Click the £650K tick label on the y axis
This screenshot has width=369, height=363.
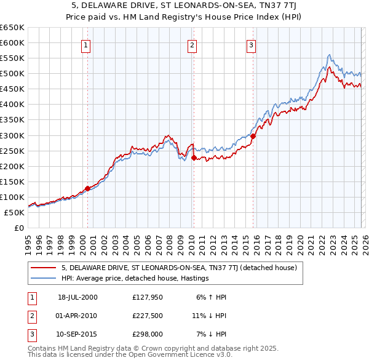(x=12, y=28)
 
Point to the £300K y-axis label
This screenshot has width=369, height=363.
(x=12, y=135)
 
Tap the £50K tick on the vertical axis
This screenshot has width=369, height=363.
(x=14, y=212)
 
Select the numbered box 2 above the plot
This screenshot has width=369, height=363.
(x=192, y=44)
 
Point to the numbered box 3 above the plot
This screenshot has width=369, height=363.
(x=251, y=44)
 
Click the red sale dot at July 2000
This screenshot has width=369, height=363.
(x=87, y=188)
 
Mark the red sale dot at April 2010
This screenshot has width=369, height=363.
(x=194, y=158)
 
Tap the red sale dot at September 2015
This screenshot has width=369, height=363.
(x=253, y=136)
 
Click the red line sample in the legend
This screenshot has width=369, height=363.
(x=43, y=268)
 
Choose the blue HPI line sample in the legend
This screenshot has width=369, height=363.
(x=43, y=278)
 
